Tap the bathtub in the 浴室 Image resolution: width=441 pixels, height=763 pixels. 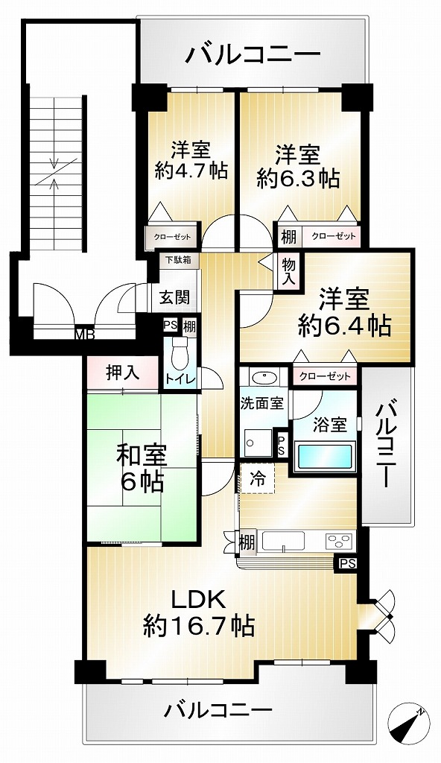pyautogui.click(x=325, y=455)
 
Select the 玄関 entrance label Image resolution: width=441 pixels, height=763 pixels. pyautogui.click(x=175, y=297)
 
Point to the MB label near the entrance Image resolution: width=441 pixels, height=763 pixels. pyautogui.click(x=84, y=335)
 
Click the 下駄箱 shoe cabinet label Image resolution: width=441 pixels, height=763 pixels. pyautogui.click(x=175, y=260)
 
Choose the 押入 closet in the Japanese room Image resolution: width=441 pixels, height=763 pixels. pyautogui.click(x=123, y=373)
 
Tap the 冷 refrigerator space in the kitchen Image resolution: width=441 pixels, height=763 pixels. pyautogui.click(x=258, y=478)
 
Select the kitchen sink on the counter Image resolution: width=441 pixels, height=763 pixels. pyautogui.click(x=283, y=541)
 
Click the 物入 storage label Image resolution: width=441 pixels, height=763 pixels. pyautogui.click(x=289, y=272)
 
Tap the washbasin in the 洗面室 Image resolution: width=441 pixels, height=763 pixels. pyautogui.click(x=264, y=376)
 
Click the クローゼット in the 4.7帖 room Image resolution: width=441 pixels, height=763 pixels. pyautogui.click(x=172, y=236)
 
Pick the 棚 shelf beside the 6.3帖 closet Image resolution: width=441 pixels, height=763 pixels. pyautogui.click(x=288, y=237)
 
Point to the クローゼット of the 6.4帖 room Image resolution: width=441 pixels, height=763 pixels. pyautogui.click(x=325, y=376)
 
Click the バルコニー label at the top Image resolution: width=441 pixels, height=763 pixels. pyautogui.click(x=253, y=54)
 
